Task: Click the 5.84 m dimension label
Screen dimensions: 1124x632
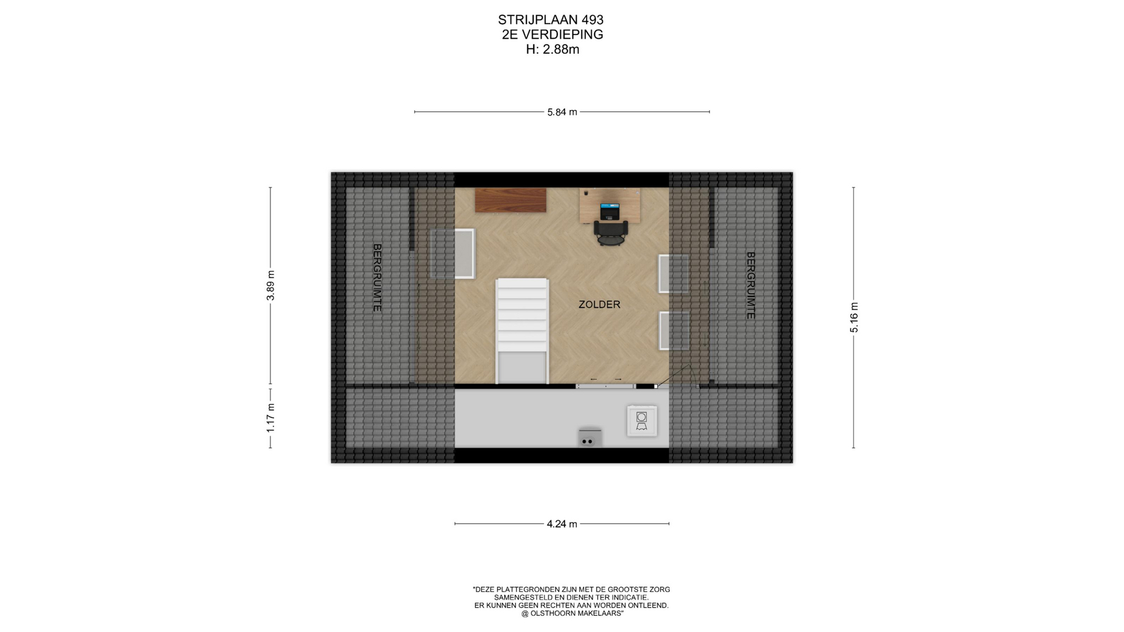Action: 562,112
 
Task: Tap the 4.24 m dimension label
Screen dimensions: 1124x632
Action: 562,524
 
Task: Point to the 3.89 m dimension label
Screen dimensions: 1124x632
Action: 270,286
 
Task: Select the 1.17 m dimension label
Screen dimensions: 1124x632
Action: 270,418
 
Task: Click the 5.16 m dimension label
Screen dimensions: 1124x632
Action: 854,318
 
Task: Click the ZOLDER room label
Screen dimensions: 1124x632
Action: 599,304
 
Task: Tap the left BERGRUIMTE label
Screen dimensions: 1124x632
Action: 377,277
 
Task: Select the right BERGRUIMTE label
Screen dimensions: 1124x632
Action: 751,286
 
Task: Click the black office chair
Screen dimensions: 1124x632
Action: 611,232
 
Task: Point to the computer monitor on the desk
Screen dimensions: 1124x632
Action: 609,211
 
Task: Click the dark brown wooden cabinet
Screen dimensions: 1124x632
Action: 510,200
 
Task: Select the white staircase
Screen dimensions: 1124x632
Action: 522,331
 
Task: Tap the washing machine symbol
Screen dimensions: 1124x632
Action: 642,421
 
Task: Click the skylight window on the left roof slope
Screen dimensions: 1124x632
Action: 453,253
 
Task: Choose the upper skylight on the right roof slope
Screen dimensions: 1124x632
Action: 673,273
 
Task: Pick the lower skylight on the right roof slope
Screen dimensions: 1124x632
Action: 674,331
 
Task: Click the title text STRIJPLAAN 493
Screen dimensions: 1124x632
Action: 551,20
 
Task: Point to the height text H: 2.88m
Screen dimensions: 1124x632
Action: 553,50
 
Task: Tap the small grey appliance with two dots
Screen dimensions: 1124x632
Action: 590,437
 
